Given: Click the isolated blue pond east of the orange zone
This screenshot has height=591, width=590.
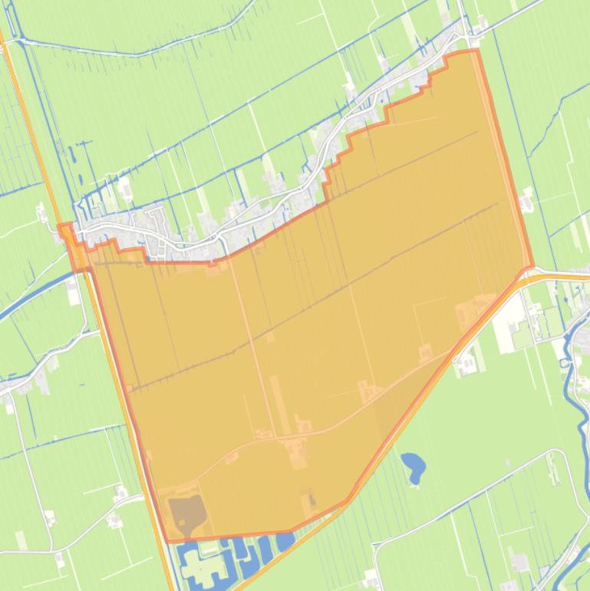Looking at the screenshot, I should (413, 465).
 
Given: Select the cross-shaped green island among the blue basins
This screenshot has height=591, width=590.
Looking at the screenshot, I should (200, 569).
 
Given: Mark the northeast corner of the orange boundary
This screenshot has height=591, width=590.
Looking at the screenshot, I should (476, 51).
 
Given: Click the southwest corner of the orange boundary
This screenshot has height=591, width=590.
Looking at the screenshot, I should (168, 541).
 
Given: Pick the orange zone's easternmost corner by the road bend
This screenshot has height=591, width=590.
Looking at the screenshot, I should (532, 267).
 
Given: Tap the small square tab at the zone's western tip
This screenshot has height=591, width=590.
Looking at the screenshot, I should (66, 230).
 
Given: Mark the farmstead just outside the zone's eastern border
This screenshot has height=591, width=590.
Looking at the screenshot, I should (526, 201).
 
